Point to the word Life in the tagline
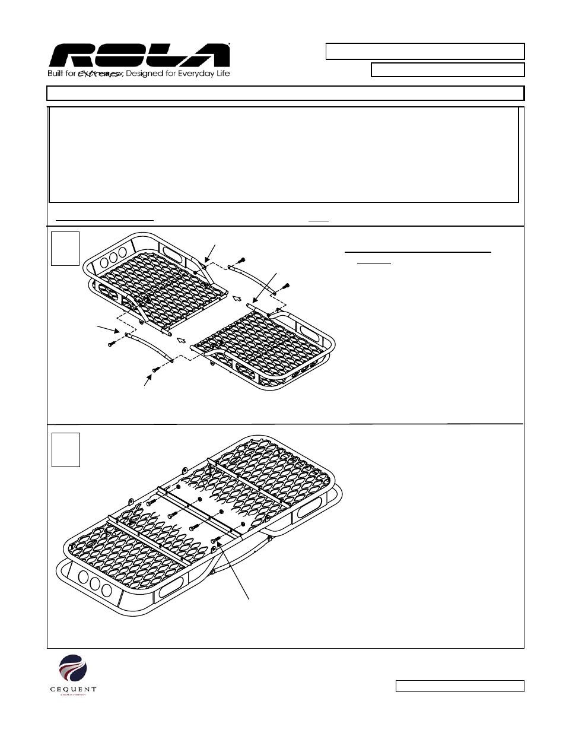pos(222,74)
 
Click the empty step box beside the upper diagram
pos(65,249)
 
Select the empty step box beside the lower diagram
pos(65,449)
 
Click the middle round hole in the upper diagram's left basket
pos(112,261)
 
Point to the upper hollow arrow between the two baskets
pos(238,297)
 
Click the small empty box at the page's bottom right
pos(460,686)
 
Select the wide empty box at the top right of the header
pos(425,51)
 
